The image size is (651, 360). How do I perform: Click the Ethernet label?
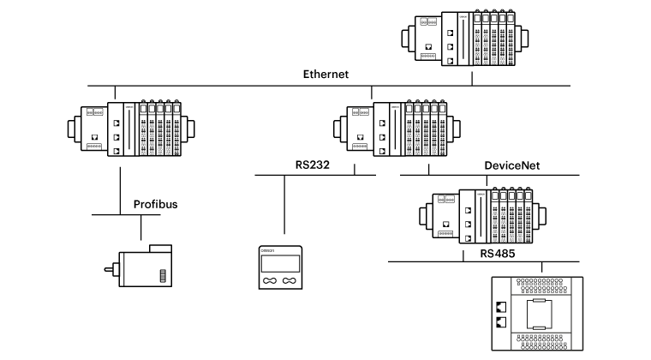325,75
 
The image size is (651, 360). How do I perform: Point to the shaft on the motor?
109,270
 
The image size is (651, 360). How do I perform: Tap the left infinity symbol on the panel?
271,280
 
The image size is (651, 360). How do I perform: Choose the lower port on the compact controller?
499,321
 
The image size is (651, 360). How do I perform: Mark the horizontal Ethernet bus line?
214,86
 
